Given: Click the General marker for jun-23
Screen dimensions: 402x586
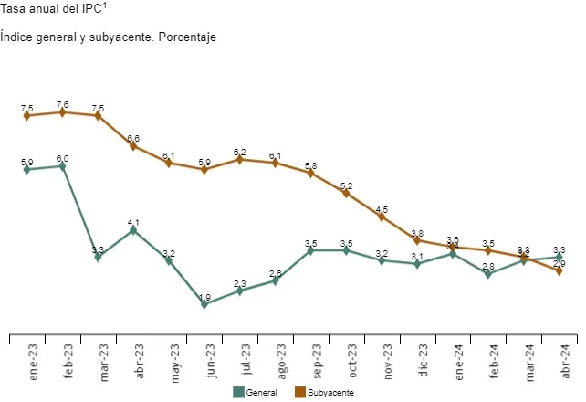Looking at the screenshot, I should pos(204,304).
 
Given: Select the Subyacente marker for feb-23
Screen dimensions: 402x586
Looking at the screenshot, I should pos(62,112).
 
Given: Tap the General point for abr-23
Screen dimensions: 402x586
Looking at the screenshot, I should pos(133,230).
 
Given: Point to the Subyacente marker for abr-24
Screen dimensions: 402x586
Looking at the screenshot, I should pos(559,270).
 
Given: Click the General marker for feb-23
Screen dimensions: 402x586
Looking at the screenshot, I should pos(62,166).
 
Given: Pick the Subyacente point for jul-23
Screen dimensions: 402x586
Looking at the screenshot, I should pos(240,159).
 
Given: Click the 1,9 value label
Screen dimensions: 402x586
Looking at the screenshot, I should pos(204,297).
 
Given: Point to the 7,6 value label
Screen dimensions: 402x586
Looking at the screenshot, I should pos(62,104).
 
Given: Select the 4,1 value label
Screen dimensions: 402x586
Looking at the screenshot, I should pos(133,222).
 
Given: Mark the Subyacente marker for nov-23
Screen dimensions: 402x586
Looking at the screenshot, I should pos(382,217).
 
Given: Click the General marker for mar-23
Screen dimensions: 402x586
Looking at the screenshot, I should pos(98,258).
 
